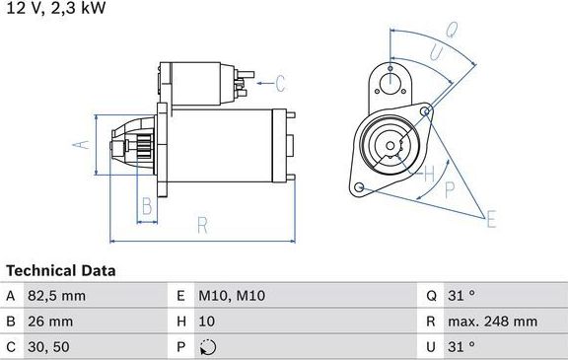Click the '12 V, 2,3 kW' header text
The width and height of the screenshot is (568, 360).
point(55,8)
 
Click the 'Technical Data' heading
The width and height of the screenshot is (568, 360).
point(61,270)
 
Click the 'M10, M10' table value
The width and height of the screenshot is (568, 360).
point(232,295)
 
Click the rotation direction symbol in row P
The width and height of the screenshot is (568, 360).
point(207,346)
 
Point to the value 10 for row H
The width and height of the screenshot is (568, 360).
point(207,321)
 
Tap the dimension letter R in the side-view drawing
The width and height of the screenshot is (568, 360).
point(202,225)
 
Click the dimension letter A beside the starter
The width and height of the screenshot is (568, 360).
point(83,145)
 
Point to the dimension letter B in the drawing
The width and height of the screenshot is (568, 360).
point(146,206)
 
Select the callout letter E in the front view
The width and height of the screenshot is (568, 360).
point(490,218)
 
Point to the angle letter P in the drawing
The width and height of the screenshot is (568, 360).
point(450,188)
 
